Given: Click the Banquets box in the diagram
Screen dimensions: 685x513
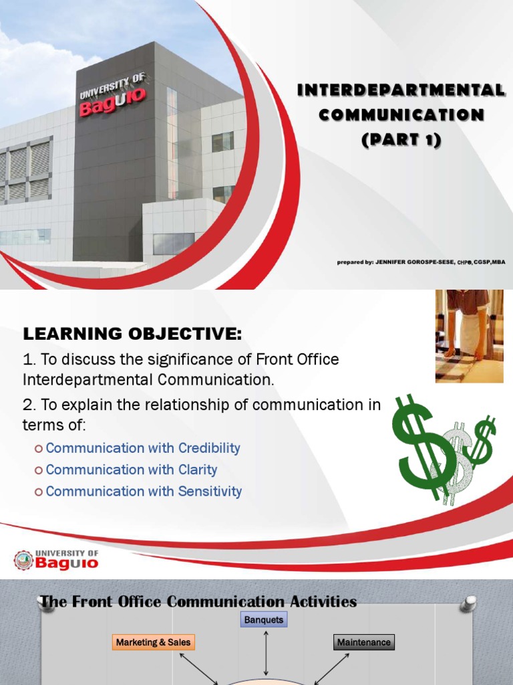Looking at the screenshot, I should coord(264,620).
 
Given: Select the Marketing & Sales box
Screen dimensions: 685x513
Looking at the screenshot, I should coord(153,642).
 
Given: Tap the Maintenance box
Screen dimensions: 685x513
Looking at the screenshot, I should coord(363,642).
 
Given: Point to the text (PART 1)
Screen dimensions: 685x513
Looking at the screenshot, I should coord(401,140).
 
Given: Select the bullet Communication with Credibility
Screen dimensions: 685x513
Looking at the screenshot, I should coord(143,448).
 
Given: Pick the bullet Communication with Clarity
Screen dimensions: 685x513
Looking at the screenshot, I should coord(132,470).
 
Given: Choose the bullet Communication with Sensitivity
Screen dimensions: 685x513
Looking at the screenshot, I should coord(144,491).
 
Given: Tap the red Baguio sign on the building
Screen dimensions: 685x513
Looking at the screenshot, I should coord(112,104).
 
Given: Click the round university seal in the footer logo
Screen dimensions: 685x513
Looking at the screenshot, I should coord(23,560).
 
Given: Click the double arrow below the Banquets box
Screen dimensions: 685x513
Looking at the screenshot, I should coord(266,652).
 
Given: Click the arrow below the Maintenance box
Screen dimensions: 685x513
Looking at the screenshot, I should coord(333,669).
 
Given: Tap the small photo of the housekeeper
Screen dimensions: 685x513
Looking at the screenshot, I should coord(469,336).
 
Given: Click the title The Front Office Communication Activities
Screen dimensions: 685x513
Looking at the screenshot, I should coord(198,602).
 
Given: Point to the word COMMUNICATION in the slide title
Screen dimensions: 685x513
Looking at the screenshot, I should coord(401,115).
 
